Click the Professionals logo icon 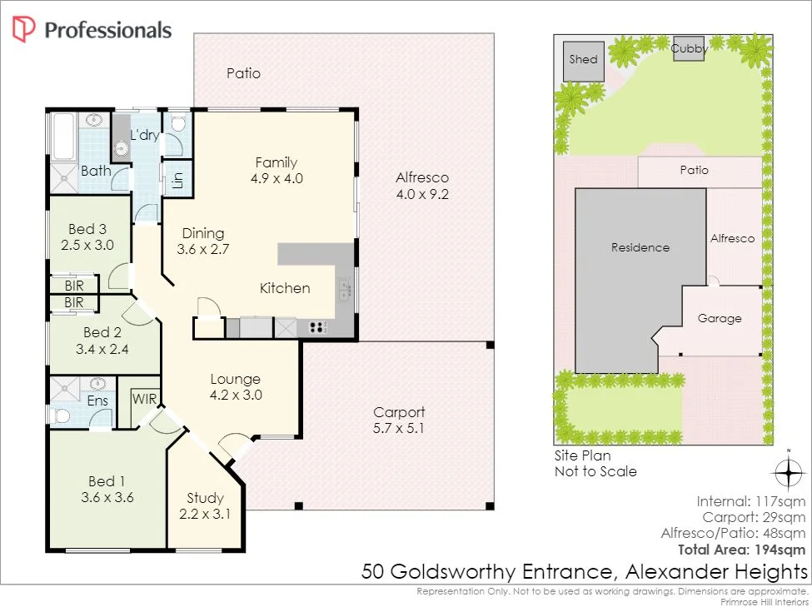coord(23,30)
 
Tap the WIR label coord(144,399)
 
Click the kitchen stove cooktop coord(317,327)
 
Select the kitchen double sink coord(345,290)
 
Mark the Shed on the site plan coord(583,60)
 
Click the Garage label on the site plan coord(720,318)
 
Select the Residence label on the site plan coord(640,247)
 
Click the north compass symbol coord(787,472)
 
